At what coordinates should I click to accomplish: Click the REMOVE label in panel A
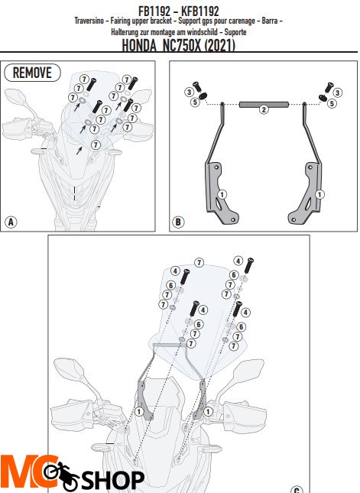(32, 73)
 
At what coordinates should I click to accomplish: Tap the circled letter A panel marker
(11, 222)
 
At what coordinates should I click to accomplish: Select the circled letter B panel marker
(178, 222)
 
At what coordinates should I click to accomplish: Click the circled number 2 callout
(264, 109)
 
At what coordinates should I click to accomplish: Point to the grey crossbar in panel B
(264, 104)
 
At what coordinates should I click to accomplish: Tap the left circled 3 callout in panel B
(189, 92)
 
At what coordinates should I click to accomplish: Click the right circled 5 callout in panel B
(332, 103)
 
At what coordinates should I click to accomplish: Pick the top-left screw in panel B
(197, 86)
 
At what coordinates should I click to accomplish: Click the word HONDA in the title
(139, 46)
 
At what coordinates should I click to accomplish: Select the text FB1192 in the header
(154, 11)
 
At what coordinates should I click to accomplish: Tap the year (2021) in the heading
(220, 46)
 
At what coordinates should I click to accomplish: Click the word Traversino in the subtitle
(89, 21)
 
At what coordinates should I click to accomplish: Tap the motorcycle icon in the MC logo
(61, 475)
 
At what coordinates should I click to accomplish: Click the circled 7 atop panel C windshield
(199, 262)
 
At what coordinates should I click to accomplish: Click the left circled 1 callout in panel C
(139, 411)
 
